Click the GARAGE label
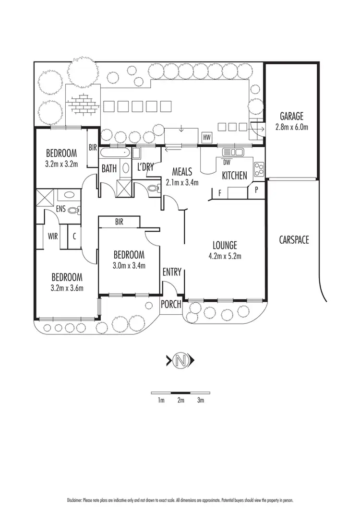point(292,116)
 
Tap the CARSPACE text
point(294,240)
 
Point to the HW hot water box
point(207,138)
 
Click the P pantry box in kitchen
point(256,189)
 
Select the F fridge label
point(219,193)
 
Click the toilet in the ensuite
point(73,210)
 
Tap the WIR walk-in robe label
point(52,236)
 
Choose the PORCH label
point(171,304)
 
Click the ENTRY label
point(172,272)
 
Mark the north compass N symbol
point(180,360)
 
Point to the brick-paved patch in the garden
point(82,102)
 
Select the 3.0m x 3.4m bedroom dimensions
point(129,265)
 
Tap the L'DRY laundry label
point(145,168)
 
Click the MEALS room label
point(182,172)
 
